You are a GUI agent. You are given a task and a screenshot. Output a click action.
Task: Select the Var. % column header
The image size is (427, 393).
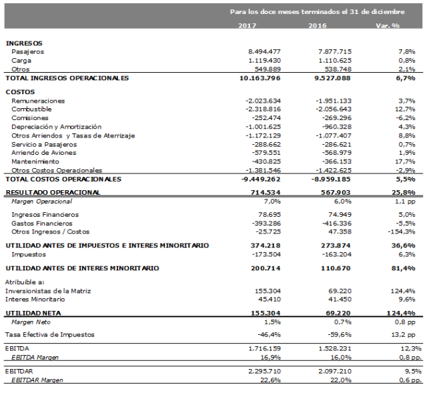[x=386, y=26]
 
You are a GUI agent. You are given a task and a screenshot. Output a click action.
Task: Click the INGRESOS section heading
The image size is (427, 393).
[x=24, y=43]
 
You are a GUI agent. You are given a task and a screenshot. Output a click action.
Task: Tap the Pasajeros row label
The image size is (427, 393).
[x=28, y=51]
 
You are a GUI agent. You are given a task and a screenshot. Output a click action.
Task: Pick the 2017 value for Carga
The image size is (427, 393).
[x=264, y=60]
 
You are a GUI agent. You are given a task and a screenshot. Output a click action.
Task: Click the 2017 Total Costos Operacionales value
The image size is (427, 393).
[x=261, y=179]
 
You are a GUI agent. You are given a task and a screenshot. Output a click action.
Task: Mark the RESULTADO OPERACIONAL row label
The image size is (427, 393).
[x=53, y=192]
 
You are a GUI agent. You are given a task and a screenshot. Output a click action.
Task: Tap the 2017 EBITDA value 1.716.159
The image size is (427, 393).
[x=263, y=348]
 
